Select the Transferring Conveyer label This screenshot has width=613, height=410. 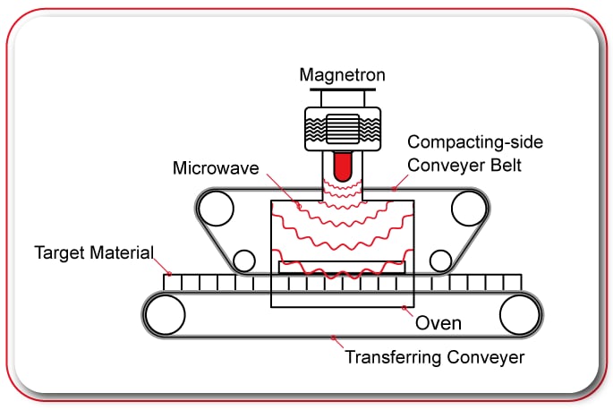coord(434,358)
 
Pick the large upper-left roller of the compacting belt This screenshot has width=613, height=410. coord(216,209)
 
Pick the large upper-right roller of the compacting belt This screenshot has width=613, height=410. coord(468,209)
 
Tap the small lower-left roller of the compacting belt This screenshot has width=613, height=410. coord(243,261)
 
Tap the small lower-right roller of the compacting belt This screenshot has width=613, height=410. coord(440,261)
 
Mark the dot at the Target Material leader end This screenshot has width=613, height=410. coord(169,274)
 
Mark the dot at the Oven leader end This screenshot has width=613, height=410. coord(404,309)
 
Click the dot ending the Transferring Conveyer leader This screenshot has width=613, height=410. coord(333,338)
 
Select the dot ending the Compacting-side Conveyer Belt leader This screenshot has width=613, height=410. coord(391,189)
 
